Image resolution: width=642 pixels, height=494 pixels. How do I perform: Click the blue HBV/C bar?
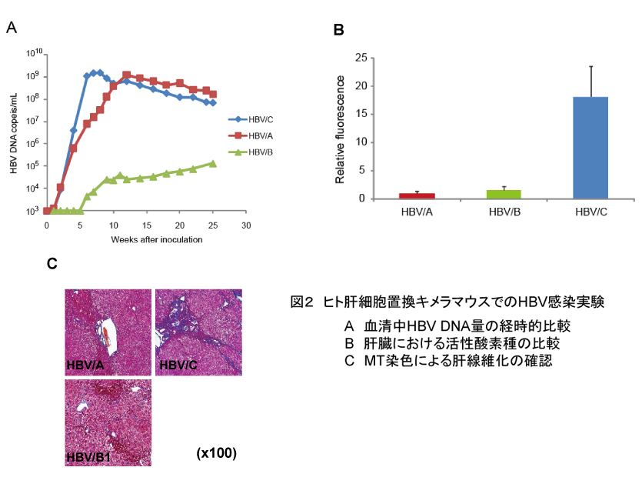(x=590, y=147)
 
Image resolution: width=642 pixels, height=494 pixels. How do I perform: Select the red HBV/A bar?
(x=416, y=195)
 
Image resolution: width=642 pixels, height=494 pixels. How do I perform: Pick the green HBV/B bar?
(x=503, y=194)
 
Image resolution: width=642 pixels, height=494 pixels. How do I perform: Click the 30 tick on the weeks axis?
(x=245, y=226)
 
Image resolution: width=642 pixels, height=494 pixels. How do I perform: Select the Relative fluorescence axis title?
(x=340, y=128)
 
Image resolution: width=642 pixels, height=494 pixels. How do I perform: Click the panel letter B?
(x=338, y=31)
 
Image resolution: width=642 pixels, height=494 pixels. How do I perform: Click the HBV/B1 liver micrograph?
(x=108, y=422)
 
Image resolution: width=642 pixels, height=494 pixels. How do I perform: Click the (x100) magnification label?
(x=216, y=454)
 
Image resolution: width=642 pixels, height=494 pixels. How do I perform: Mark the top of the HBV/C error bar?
(x=590, y=66)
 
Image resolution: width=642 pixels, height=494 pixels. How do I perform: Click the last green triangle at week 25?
(x=213, y=163)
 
